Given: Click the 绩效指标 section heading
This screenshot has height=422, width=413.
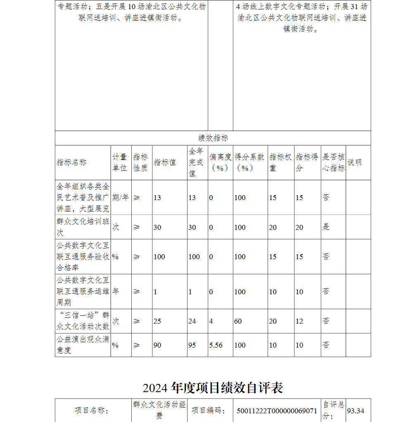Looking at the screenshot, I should pos(213,138).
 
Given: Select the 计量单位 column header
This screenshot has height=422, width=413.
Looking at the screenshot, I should pos(120,162).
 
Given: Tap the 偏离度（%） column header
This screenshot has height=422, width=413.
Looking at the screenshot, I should pos(220,162).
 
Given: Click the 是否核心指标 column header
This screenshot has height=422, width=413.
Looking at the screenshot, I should pos(333,162).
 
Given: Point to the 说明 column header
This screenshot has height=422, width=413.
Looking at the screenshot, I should pos(354,162).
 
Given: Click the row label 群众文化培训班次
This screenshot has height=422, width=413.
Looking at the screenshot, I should pos(83,227).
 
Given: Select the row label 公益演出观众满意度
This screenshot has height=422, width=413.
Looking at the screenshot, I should pos(83,345).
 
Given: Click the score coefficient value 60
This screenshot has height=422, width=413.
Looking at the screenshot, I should pos(238,321).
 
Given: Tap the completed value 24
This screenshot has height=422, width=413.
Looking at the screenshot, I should pos(192,321).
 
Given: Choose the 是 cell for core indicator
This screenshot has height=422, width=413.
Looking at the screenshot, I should pos(326,227).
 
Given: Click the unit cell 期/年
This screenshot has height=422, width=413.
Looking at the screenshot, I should pos(121,198).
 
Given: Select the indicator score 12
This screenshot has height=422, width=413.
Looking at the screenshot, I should pos(299,321).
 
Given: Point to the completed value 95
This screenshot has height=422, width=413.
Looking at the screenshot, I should pos(192,345).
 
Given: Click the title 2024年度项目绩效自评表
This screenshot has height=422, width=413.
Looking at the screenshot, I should pos(213,388).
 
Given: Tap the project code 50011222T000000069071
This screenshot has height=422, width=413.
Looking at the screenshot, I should pos(277,411).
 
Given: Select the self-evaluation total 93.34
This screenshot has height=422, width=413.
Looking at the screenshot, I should pos(356,411).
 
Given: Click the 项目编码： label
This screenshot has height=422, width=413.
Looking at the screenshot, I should pos(209,411).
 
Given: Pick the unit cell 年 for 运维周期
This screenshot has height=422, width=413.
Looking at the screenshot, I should pos(116,291).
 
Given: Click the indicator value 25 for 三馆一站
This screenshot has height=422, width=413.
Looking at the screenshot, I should pos(157,321).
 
